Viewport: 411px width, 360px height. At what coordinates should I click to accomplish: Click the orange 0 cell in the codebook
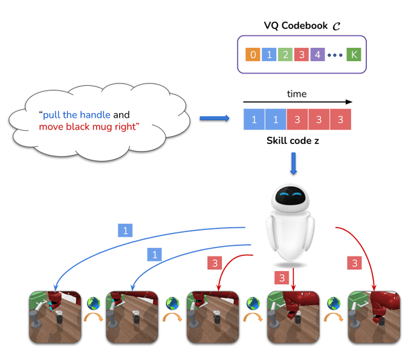[x=253, y=55]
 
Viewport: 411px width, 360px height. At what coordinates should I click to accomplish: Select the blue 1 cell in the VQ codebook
[x=269, y=55]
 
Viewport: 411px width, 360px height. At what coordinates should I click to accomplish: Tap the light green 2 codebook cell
[x=285, y=55]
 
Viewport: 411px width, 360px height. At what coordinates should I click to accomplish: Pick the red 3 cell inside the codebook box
[x=301, y=55]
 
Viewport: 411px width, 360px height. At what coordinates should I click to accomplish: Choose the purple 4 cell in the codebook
[x=317, y=55]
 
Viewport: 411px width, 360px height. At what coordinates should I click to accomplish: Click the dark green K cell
[x=354, y=55]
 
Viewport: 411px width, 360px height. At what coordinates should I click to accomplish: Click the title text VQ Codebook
[x=297, y=25]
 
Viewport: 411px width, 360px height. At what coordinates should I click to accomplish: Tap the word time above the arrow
[x=296, y=94]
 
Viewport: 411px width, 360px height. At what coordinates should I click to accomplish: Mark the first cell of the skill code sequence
[x=254, y=119]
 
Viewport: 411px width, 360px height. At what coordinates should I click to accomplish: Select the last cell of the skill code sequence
[x=340, y=119]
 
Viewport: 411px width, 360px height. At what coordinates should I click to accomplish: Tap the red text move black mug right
[x=89, y=126]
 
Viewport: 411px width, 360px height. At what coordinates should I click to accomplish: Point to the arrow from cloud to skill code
[x=215, y=119]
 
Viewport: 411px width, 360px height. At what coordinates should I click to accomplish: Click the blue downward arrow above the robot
[x=294, y=164]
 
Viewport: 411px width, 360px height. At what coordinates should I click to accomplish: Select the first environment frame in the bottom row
[x=56, y=317]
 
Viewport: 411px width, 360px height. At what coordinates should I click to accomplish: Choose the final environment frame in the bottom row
[x=373, y=317]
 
